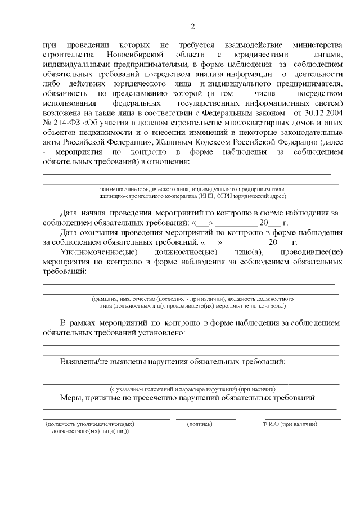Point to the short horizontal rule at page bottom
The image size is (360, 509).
pyautogui.click(x=193, y=471)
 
